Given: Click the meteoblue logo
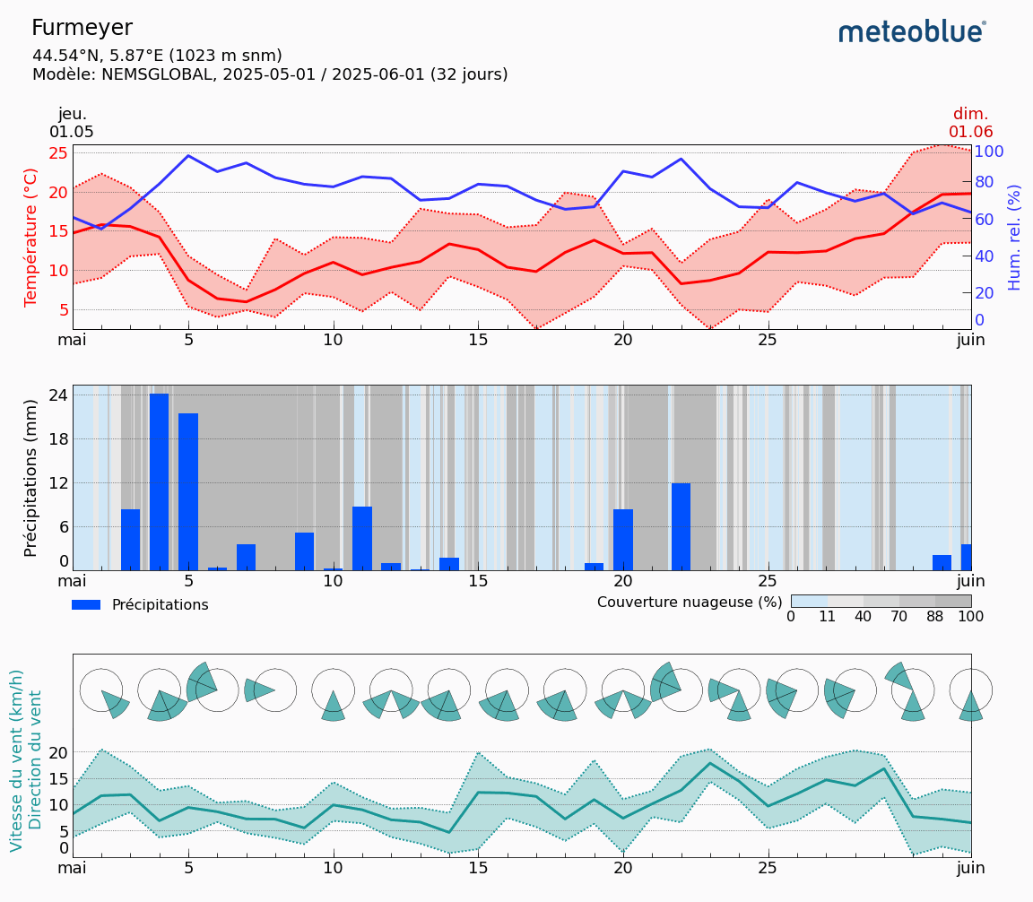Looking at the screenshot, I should pos(911,32).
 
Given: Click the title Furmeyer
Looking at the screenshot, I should pos(82,28).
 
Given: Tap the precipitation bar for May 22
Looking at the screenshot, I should pos(681,526).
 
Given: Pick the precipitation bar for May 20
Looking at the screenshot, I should pos(623,539).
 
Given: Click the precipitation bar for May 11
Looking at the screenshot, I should pos(362,538).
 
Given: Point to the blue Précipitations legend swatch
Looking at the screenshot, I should pos(86,605).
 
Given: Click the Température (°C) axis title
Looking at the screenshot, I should pos(31,237).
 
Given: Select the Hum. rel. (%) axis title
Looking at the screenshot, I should pos(1014,237).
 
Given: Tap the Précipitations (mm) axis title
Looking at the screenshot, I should pos(31,478).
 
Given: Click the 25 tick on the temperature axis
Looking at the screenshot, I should pos(57,152).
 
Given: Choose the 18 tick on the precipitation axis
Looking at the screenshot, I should pos(57,438).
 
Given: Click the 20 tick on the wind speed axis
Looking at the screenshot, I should pos(57,752).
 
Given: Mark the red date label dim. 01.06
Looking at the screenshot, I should pos(970,123).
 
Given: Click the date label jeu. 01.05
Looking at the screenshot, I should pos(72,123).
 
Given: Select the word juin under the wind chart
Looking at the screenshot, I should pos(970,868).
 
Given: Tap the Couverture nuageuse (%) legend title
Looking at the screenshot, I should pos(690,603).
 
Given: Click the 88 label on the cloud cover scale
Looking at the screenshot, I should pos(935,617).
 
